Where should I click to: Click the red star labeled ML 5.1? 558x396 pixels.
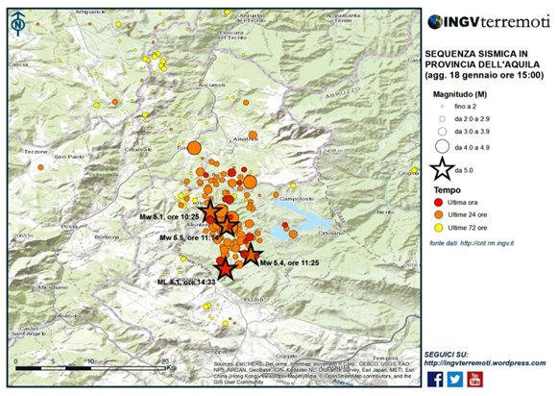click(224, 269)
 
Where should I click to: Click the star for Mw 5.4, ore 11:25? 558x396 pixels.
click(251, 254)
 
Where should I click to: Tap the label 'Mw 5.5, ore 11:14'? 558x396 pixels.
click(190, 237)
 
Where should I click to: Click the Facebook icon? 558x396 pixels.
click(435, 379)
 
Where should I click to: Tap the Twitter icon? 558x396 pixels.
click(454, 379)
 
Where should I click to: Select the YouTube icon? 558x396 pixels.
click(474, 379)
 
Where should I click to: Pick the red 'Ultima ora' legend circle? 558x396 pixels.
click(439, 203)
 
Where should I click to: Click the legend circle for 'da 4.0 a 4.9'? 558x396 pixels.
click(440, 147)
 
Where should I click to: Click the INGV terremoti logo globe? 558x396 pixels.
click(435, 21)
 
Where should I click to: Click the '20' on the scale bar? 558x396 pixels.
click(166, 359)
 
